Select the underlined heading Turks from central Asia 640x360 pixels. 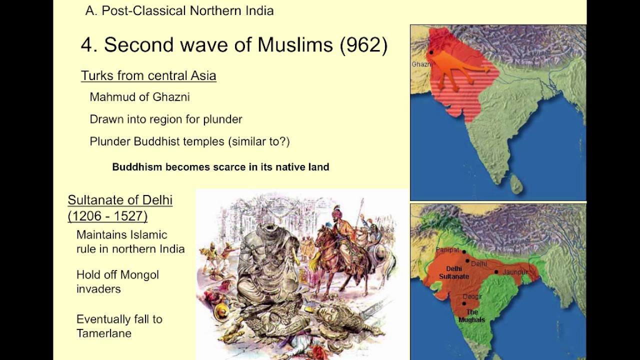point(148,75)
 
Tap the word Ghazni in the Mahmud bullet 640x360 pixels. point(171,97)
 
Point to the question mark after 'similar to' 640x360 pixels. point(284,141)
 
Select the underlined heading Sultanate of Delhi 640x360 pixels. point(120,200)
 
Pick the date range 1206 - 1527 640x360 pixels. point(107,216)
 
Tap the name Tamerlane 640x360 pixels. point(104,333)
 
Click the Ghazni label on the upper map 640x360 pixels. point(421,64)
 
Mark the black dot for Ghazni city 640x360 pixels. point(431,52)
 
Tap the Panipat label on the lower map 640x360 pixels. point(447,249)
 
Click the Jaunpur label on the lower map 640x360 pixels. point(515,272)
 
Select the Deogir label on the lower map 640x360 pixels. point(472,296)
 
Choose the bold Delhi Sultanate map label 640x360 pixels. point(454,272)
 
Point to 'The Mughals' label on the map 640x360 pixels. point(471,316)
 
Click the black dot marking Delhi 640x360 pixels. point(467,260)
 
